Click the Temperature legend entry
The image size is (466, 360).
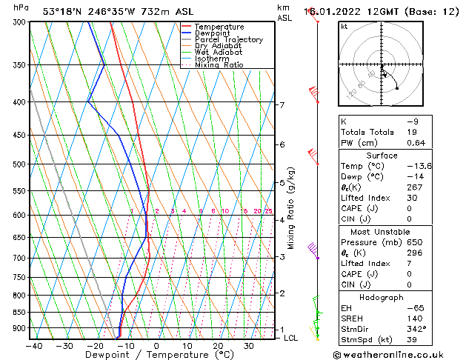(220, 27)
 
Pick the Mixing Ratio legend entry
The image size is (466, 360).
(219, 65)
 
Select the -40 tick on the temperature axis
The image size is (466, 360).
(33, 346)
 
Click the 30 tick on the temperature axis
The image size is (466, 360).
(249, 346)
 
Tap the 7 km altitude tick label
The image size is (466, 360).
(282, 105)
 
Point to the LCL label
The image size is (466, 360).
(290, 338)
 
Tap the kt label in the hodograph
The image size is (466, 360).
(344, 26)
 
